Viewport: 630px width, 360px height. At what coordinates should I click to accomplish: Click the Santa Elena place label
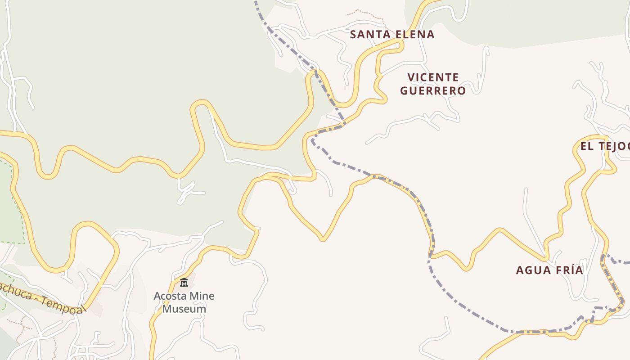pos(392,34)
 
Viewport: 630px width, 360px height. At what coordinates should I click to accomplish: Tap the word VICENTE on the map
pos(433,77)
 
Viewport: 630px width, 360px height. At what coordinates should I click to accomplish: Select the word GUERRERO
pos(432,90)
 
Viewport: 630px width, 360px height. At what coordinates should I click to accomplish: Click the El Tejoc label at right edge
pos(604,146)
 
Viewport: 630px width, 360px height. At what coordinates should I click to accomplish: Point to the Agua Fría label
pos(549,270)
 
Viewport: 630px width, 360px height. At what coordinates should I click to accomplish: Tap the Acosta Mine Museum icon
pos(184,283)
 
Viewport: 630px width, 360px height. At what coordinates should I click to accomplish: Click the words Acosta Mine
pos(184,296)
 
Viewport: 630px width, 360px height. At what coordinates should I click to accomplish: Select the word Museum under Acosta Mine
pos(184,309)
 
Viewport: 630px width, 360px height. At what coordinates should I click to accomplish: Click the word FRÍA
pos(568,270)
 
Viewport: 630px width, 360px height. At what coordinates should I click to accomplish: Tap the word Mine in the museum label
pos(202,296)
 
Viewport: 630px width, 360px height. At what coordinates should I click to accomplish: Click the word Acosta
pos(170,296)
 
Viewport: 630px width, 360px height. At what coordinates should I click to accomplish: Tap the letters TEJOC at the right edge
pos(615,146)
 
